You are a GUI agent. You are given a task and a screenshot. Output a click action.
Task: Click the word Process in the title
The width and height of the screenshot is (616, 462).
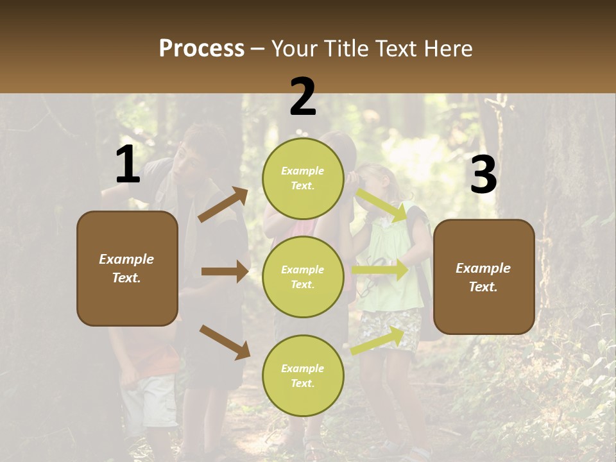(x=201, y=49)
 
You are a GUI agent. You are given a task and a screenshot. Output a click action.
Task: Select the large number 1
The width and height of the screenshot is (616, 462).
(x=128, y=165)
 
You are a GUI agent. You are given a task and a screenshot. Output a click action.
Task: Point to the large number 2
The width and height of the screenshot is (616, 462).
(x=303, y=97)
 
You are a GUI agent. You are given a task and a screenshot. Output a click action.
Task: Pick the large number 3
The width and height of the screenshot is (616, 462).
(x=483, y=175)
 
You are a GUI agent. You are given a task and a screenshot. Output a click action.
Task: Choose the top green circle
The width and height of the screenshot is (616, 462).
(x=303, y=178)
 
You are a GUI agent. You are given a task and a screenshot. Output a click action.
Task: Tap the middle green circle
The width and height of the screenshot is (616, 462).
(x=303, y=277)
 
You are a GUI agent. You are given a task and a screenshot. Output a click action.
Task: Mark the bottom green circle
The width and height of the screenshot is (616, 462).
(x=303, y=375)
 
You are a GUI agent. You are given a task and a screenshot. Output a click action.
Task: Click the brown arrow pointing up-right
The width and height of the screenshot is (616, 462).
(x=223, y=205)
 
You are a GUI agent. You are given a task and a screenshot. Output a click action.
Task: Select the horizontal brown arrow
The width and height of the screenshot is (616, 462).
(x=225, y=271)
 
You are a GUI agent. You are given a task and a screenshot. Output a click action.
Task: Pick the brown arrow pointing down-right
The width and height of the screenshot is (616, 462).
(x=225, y=342)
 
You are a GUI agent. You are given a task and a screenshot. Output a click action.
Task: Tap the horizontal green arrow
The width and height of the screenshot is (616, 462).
(x=379, y=270)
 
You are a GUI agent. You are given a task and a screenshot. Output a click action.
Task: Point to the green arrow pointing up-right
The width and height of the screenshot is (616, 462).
(x=377, y=341)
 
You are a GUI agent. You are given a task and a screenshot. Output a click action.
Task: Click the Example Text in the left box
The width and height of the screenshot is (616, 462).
(x=126, y=268)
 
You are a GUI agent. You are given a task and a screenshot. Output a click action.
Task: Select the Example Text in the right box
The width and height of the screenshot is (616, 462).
(x=483, y=277)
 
